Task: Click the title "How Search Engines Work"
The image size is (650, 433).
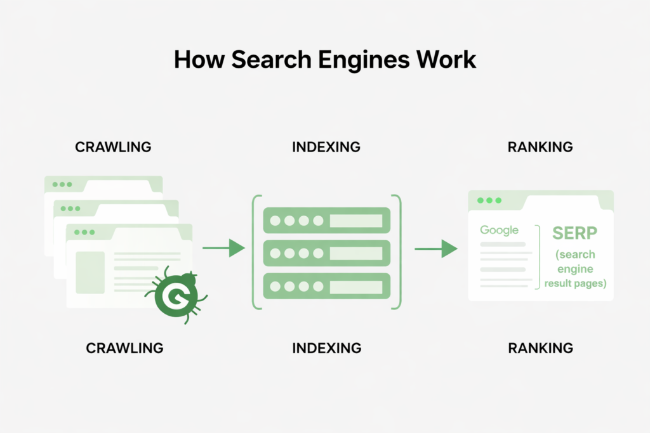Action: pyautogui.click(x=324, y=60)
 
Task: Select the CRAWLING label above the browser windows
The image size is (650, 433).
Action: pyautogui.click(x=113, y=147)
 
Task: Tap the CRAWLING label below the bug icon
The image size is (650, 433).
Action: pyautogui.click(x=124, y=348)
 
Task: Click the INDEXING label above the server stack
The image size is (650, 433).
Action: pyautogui.click(x=326, y=147)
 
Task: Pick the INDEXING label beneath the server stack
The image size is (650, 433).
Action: pyautogui.click(x=326, y=348)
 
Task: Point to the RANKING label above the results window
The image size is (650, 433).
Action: pyautogui.click(x=540, y=147)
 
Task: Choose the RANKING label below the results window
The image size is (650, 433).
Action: pyautogui.click(x=540, y=348)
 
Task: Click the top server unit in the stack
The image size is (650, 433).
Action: pyautogui.click(x=326, y=221)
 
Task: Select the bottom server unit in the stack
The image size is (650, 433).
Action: pyautogui.click(x=326, y=286)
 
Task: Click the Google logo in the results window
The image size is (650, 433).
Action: pyautogui.click(x=499, y=230)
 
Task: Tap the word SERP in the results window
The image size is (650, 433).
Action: pyautogui.click(x=574, y=233)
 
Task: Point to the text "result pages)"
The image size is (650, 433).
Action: pyautogui.click(x=575, y=283)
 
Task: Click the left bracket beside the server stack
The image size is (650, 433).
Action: pyautogui.click(x=255, y=252)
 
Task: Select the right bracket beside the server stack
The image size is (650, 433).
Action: pyautogui.click(x=397, y=252)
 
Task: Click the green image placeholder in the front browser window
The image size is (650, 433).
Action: pyautogui.click(x=90, y=273)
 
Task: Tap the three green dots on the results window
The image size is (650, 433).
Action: pyautogui.click(x=489, y=200)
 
